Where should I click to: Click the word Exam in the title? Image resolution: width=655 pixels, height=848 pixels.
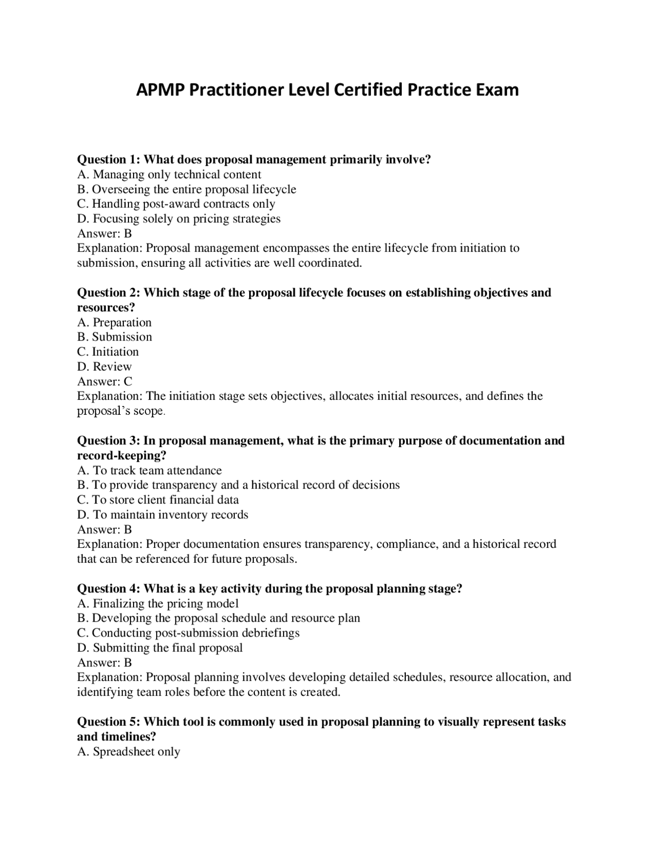pyautogui.click(x=497, y=90)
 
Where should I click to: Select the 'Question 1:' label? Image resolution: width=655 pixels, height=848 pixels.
pyautogui.click(x=108, y=159)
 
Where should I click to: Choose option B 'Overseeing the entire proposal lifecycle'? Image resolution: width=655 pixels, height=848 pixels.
pyautogui.click(x=186, y=189)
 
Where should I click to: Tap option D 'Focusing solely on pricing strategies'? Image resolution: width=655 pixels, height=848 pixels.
pyautogui.click(x=179, y=219)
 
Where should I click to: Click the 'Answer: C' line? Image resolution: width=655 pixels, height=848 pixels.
pyautogui.click(x=104, y=381)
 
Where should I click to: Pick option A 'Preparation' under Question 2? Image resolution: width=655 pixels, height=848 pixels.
pyautogui.click(x=114, y=322)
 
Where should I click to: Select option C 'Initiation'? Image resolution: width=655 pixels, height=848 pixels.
pyautogui.click(x=107, y=351)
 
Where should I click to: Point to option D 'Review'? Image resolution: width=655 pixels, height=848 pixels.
pyautogui.click(x=104, y=366)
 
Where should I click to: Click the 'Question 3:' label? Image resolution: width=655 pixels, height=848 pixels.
pyautogui.click(x=108, y=440)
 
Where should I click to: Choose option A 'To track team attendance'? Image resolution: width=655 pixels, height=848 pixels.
pyautogui.click(x=149, y=470)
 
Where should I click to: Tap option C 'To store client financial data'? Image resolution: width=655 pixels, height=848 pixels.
pyautogui.click(x=158, y=499)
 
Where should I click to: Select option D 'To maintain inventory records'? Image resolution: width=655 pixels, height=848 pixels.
pyautogui.click(x=162, y=514)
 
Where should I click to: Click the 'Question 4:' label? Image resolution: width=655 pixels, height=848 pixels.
pyautogui.click(x=108, y=588)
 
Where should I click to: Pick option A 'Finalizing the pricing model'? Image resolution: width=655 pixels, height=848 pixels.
pyautogui.click(x=158, y=603)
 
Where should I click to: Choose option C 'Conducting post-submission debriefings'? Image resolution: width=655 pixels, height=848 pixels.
pyautogui.click(x=188, y=632)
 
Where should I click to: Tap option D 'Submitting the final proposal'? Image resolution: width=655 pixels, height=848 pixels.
pyautogui.click(x=160, y=647)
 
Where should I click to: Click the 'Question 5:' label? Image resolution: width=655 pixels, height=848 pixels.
pyautogui.click(x=108, y=722)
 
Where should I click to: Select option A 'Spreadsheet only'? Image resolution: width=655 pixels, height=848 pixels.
pyautogui.click(x=128, y=751)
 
